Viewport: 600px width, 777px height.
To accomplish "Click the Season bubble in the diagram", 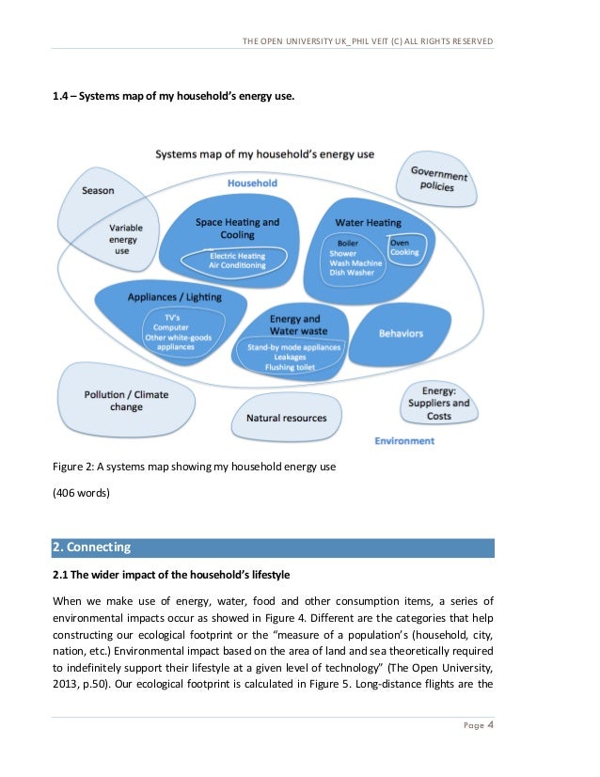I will (x=98, y=191).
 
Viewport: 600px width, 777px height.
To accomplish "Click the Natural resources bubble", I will (x=286, y=418).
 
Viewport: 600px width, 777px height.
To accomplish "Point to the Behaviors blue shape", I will (x=401, y=333).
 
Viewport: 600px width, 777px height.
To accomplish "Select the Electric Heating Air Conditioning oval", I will (x=237, y=261).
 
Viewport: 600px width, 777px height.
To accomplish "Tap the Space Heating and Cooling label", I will (x=237, y=228).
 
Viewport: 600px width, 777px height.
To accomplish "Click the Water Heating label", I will (x=368, y=223).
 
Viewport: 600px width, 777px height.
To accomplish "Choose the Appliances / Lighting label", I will (x=174, y=297).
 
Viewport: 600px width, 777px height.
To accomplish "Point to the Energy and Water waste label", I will (x=295, y=325).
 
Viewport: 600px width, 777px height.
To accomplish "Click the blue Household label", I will (x=252, y=183).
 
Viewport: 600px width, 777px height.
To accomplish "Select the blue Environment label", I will (x=404, y=440).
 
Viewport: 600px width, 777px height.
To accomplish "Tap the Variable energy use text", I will (x=122, y=239).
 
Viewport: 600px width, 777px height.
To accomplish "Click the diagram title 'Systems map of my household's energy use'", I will (x=264, y=153).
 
